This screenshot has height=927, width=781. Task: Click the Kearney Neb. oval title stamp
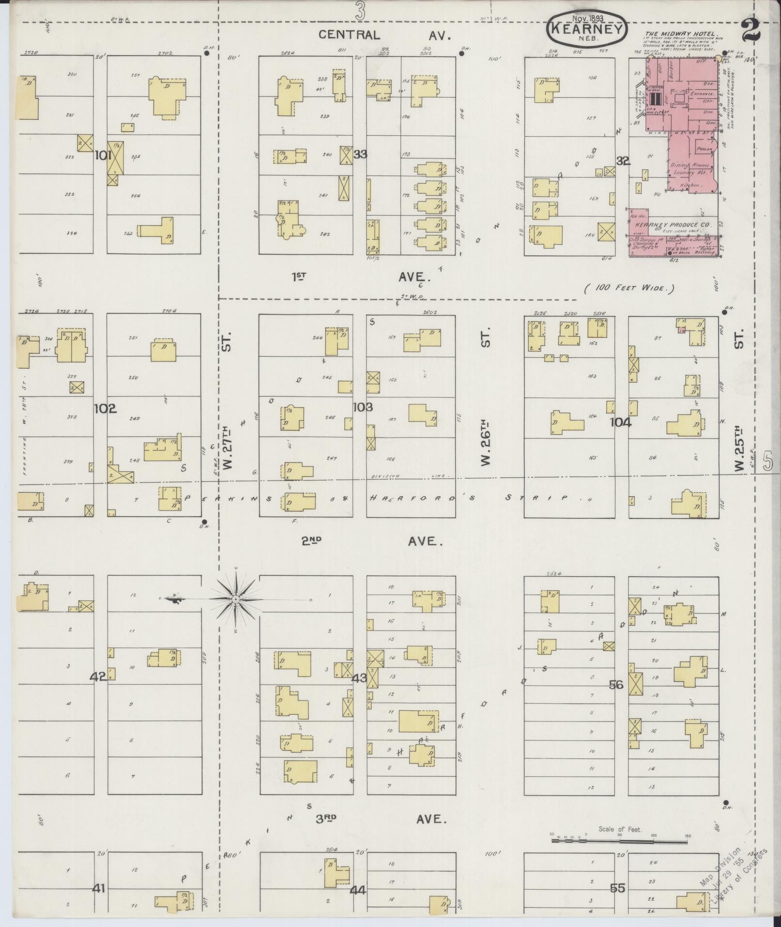click(x=586, y=29)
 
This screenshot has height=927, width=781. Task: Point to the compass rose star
click(x=235, y=600)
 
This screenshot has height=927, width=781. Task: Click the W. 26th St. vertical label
click(x=486, y=443)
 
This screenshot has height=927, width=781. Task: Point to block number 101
click(x=104, y=156)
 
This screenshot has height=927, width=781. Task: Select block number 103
click(x=363, y=407)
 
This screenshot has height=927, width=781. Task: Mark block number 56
click(x=616, y=685)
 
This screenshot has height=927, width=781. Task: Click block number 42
click(x=98, y=677)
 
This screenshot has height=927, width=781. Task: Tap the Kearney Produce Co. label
click(x=673, y=225)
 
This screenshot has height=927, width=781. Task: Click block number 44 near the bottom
click(x=359, y=890)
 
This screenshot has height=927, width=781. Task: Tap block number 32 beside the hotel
click(x=623, y=161)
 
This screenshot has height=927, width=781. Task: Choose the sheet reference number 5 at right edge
click(x=767, y=461)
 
